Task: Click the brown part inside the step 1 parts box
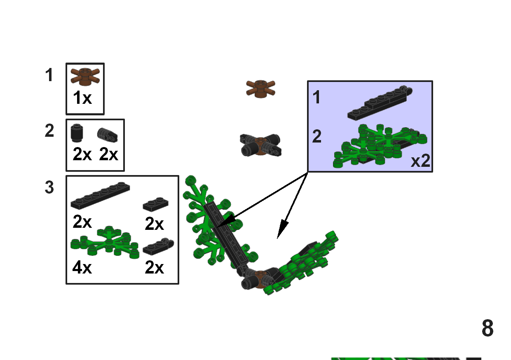pos(85,77)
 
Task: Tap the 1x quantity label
pos(82,98)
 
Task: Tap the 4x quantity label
pos(82,268)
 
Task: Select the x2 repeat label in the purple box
pos(420,161)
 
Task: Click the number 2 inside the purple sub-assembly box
pos(316,137)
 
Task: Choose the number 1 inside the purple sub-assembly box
pos(316,98)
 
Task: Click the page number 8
pos(488,328)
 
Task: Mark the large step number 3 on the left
pos(49,188)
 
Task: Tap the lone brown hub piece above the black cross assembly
pos(260,89)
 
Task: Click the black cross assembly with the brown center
pos(260,145)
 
